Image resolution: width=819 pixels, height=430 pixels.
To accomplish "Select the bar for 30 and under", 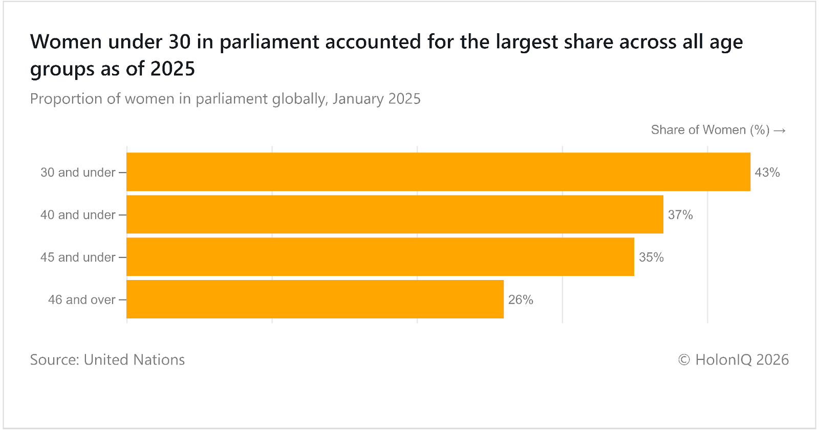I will coord(438,172).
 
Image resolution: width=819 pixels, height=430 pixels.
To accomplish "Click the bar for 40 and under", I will coord(395,214).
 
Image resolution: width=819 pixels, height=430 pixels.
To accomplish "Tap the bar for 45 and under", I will coord(380,257).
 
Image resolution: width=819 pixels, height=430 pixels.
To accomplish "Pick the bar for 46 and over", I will coord(315,299).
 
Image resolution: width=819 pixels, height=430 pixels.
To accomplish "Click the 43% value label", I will coord(767,173).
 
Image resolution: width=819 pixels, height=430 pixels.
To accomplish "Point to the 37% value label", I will coord(680,215).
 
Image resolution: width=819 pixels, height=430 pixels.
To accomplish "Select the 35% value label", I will coord(651,257).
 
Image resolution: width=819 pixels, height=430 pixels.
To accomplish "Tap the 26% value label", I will coord(521,300).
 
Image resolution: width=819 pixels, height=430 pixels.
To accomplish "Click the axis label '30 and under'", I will coord(78,173).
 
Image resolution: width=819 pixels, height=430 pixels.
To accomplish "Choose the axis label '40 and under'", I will coord(78,215).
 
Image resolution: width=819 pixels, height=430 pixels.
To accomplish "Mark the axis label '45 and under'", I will coord(78,257).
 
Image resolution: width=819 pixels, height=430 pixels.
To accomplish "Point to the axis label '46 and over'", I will coord(82,300).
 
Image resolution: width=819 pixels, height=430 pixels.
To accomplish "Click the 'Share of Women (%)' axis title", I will coord(710,130).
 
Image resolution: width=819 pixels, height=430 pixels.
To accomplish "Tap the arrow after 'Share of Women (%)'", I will coord(780,131).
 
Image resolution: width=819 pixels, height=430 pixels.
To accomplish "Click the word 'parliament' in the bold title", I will coord(269,42).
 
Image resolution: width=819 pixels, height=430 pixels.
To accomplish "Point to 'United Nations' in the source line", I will coord(134,360).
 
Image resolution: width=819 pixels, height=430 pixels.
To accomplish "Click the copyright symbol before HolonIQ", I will coord(684,360).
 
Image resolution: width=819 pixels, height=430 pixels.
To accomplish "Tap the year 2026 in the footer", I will coord(772,360).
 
